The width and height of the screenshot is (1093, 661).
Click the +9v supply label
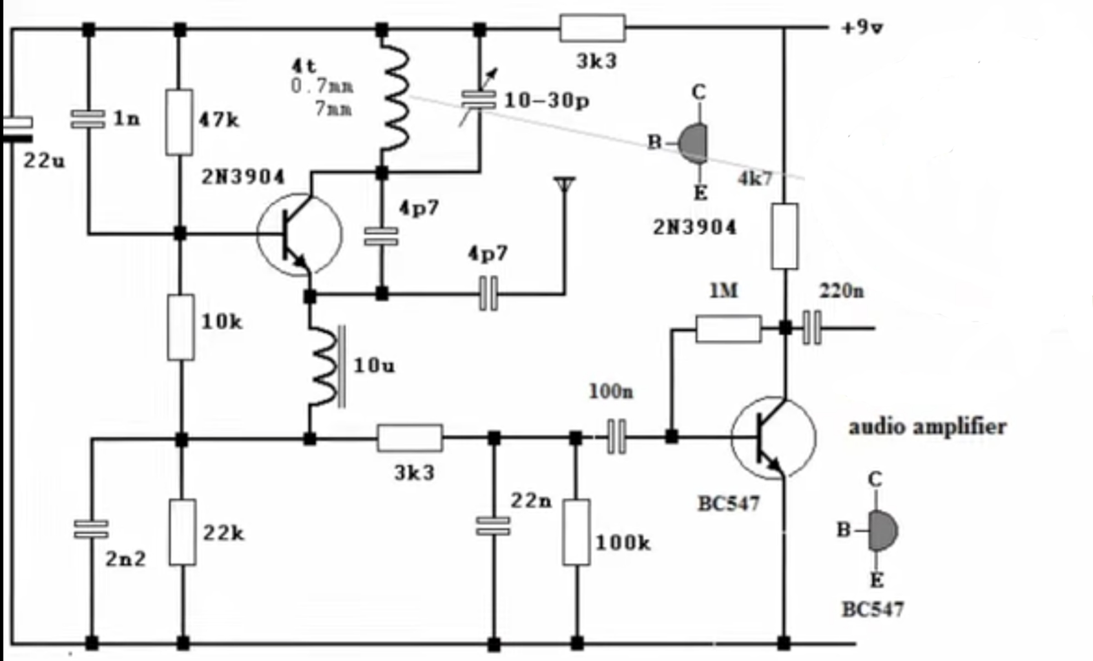[x=862, y=28]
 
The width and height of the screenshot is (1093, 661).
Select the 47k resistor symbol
[x=179, y=122]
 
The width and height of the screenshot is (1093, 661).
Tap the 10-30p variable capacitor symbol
[x=479, y=100]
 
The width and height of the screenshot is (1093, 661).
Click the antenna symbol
[x=565, y=186]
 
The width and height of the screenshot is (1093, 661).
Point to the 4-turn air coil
[x=395, y=97]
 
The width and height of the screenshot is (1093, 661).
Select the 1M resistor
[x=728, y=329]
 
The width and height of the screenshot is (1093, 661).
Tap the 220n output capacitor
[x=812, y=328]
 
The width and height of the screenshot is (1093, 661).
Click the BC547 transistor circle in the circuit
[x=774, y=438]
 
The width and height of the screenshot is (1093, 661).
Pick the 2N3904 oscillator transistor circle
[x=299, y=234]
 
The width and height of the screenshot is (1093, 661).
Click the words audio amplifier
[x=927, y=427]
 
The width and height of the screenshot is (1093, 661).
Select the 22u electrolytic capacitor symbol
[x=17, y=129]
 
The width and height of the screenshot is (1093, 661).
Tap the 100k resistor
[x=576, y=532]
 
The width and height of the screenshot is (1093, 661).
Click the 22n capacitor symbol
[x=493, y=526]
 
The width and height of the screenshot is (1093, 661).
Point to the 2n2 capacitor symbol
[x=91, y=529]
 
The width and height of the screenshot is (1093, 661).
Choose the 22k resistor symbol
[x=183, y=532]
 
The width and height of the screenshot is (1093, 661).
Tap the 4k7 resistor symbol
[x=784, y=236]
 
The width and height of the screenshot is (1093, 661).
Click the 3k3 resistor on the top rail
[x=592, y=28]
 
